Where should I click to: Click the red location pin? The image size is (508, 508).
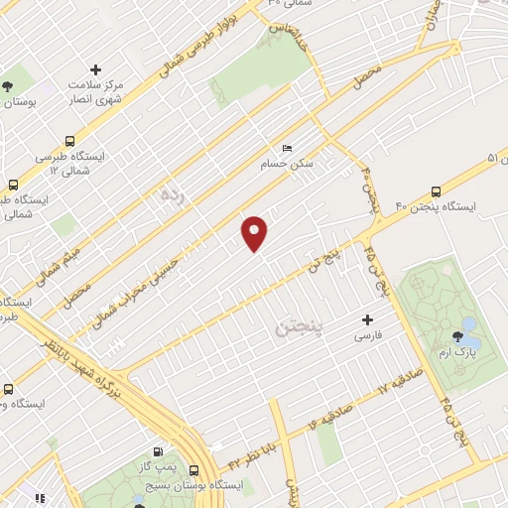pyautogui.click(x=255, y=233)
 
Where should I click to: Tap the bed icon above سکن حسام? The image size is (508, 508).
pyautogui.click(x=288, y=148)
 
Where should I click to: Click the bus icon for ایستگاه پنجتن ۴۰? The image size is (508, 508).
pyautogui.click(x=435, y=192)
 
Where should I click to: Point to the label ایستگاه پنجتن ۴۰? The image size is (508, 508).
pyautogui.click(x=437, y=207)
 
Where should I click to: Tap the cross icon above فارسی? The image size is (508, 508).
pyautogui.click(x=368, y=319)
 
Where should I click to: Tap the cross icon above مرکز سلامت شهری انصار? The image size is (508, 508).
pyautogui.click(x=95, y=69)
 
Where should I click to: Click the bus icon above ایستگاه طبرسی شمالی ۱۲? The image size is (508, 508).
pyautogui.click(x=69, y=141)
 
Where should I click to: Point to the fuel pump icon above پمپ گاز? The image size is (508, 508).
pyautogui.click(x=158, y=451)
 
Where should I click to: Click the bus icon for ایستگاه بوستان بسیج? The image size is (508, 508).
pyautogui.click(x=193, y=470)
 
